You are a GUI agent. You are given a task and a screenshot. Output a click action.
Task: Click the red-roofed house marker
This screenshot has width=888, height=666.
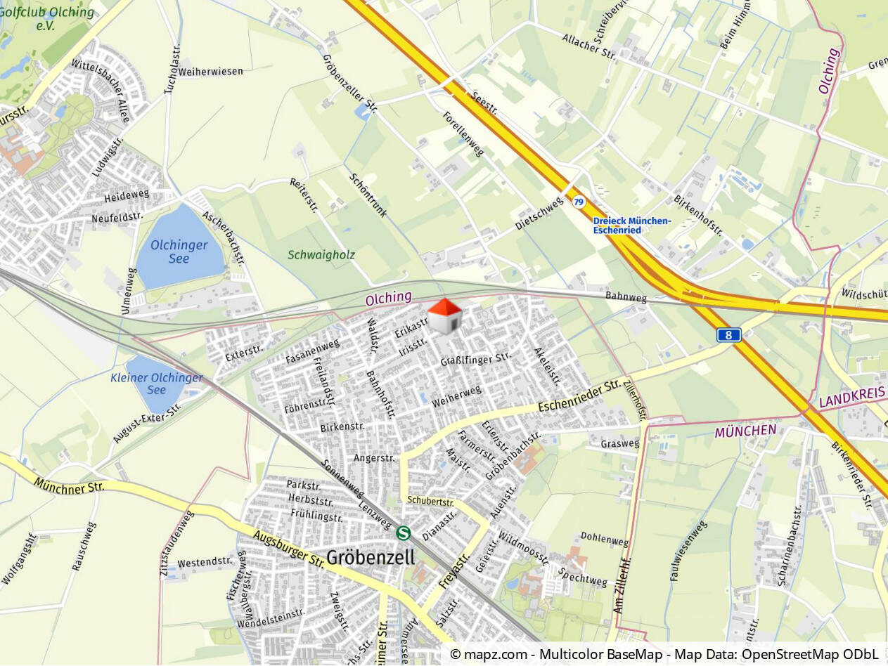pos(444,316)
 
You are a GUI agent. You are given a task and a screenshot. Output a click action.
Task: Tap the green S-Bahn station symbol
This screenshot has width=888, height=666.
pos(404,533)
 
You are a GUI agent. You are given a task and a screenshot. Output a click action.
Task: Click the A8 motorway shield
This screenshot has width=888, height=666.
pos(728,335)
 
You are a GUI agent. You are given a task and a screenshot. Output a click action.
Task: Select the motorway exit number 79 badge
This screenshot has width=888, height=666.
pos(578,202)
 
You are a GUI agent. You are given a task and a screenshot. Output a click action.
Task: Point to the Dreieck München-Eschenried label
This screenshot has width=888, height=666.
pos(631,226)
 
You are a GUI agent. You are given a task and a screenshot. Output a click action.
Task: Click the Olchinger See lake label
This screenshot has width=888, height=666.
pos(179,252)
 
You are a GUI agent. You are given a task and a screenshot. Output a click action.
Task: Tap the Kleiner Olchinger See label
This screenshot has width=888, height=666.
pos(156,384)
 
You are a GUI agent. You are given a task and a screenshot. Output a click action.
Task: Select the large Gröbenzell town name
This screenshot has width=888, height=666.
pos(371,556)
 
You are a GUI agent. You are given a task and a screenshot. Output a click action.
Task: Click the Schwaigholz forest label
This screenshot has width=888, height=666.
pos(321,255)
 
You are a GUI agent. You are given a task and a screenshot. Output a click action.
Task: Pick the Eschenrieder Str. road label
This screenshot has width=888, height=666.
pos(579,397)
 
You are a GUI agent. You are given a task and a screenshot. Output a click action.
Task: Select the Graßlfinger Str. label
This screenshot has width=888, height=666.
pos(475,359)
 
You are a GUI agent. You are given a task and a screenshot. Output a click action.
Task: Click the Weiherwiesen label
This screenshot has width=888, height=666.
pos(211,72)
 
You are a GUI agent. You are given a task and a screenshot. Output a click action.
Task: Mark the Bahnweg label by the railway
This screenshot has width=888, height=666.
pos(626,298)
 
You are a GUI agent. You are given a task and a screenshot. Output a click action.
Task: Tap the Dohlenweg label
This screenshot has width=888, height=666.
pos(605,541)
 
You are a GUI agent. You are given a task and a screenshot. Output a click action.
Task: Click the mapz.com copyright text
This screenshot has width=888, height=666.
pos(664,655)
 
